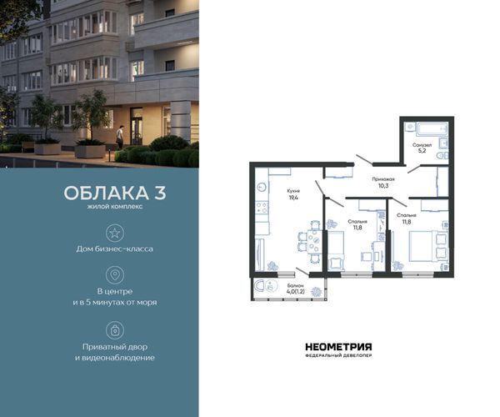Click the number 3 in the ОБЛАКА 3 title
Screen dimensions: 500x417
tap(160, 193)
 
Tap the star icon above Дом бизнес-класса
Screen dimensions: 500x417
tap(115, 233)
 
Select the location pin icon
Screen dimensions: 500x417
tap(115, 275)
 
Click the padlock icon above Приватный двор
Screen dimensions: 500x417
tap(115, 330)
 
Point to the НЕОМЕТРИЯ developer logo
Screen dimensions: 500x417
tap(338, 349)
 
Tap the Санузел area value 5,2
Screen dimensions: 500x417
tap(422, 151)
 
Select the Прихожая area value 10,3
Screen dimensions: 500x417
tap(383, 185)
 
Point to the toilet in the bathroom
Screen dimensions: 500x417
tap(442, 156)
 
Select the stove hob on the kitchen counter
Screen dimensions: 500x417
tap(262, 208)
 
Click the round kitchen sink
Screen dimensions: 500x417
tap(262, 188)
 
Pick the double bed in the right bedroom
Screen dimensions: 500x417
tap(428, 246)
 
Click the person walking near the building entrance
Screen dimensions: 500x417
tap(119, 137)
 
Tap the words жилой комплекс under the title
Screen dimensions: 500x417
tap(115, 207)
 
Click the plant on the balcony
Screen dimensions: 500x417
tap(317, 291)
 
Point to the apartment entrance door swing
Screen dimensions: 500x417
tap(364, 160)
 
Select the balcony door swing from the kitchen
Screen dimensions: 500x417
tap(302, 272)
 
